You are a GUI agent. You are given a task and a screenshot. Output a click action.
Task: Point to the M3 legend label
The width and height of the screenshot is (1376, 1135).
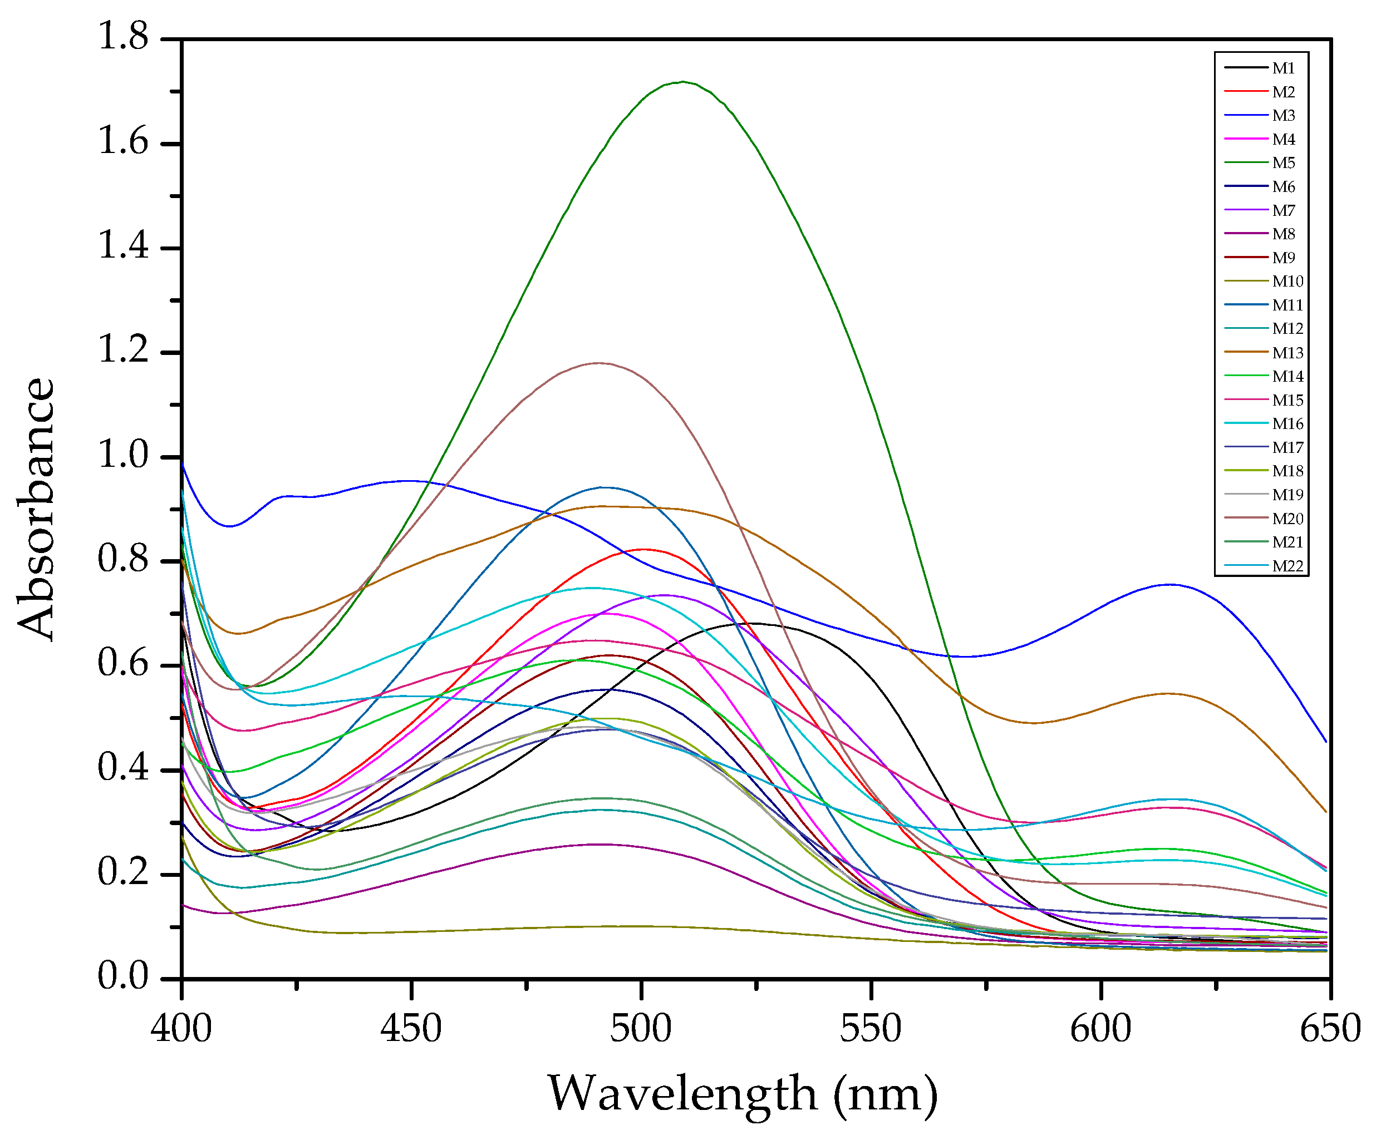[1282, 116]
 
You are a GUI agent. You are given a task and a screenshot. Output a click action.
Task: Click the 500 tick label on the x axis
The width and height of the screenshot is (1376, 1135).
[641, 1028]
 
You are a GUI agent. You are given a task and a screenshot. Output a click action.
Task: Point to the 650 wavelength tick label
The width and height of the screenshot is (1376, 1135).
[1330, 1028]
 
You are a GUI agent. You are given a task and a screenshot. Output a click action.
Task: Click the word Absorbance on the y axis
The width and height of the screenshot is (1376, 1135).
[36, 509]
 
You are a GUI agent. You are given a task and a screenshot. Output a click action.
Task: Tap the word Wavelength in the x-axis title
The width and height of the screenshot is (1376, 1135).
[682, 1093]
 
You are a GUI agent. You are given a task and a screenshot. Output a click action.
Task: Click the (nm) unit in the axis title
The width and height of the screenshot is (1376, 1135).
[886, 1093]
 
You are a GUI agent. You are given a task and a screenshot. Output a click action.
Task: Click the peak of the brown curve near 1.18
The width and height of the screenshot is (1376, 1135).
[598, 363]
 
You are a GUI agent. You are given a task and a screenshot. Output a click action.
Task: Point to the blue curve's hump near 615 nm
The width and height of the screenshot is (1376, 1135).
[1169, 585]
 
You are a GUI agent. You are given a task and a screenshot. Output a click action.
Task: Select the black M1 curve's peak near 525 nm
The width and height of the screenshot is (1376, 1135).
[755, 623]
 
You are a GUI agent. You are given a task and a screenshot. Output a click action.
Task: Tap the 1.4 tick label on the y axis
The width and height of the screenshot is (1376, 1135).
[123, 246]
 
